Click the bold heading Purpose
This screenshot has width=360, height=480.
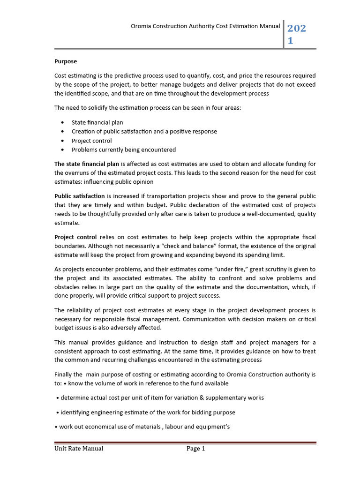[x=66, y=61]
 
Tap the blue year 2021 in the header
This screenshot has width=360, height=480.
[x=296, y=35]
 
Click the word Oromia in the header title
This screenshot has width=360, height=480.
[x=142, y=27]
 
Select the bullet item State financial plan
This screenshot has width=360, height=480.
[x=97, y=122]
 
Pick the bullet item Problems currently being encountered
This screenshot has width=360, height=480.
[x=123, y=150]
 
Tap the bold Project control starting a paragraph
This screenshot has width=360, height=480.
[x=75, y=237]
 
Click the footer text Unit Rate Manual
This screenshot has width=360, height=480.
[x=79, y=449]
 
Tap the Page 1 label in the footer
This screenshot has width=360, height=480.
[x=196, y=449]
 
